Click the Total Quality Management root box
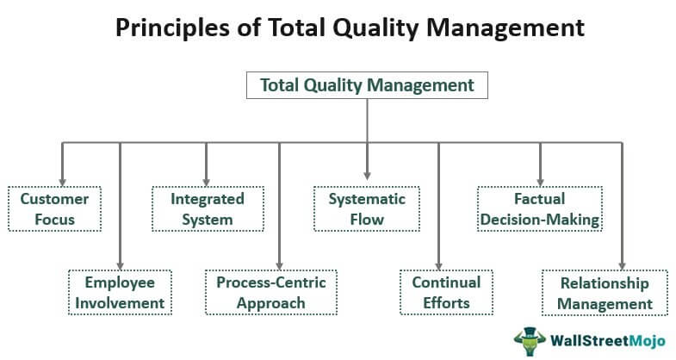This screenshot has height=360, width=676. point(367,85)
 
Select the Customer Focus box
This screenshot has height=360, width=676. point(54,209)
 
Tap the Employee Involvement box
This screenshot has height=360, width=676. point(120,293)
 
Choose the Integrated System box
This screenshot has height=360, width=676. point(208,209)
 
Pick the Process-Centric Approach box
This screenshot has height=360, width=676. point(271,293)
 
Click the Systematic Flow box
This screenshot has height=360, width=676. point(367,209)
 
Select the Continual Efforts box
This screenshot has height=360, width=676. point(446,293)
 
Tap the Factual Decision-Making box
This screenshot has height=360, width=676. point(540,209)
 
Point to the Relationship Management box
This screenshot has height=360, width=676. point(605,293)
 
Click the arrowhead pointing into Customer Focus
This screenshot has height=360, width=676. point(63,183)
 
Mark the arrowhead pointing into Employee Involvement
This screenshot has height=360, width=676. point(121,265)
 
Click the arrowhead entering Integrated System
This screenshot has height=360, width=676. point(206,183)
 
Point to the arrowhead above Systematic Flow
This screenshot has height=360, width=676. point(367,176)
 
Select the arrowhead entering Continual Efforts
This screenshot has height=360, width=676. point(438,265)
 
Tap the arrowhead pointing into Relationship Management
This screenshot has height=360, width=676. point(622,265)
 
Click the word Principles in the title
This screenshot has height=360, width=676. point(172,28)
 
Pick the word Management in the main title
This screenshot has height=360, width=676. point(505,28)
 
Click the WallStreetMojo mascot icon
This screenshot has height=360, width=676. point(530,341)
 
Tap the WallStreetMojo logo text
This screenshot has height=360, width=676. point(607,341)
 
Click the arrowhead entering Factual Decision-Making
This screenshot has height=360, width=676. point(540,183)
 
